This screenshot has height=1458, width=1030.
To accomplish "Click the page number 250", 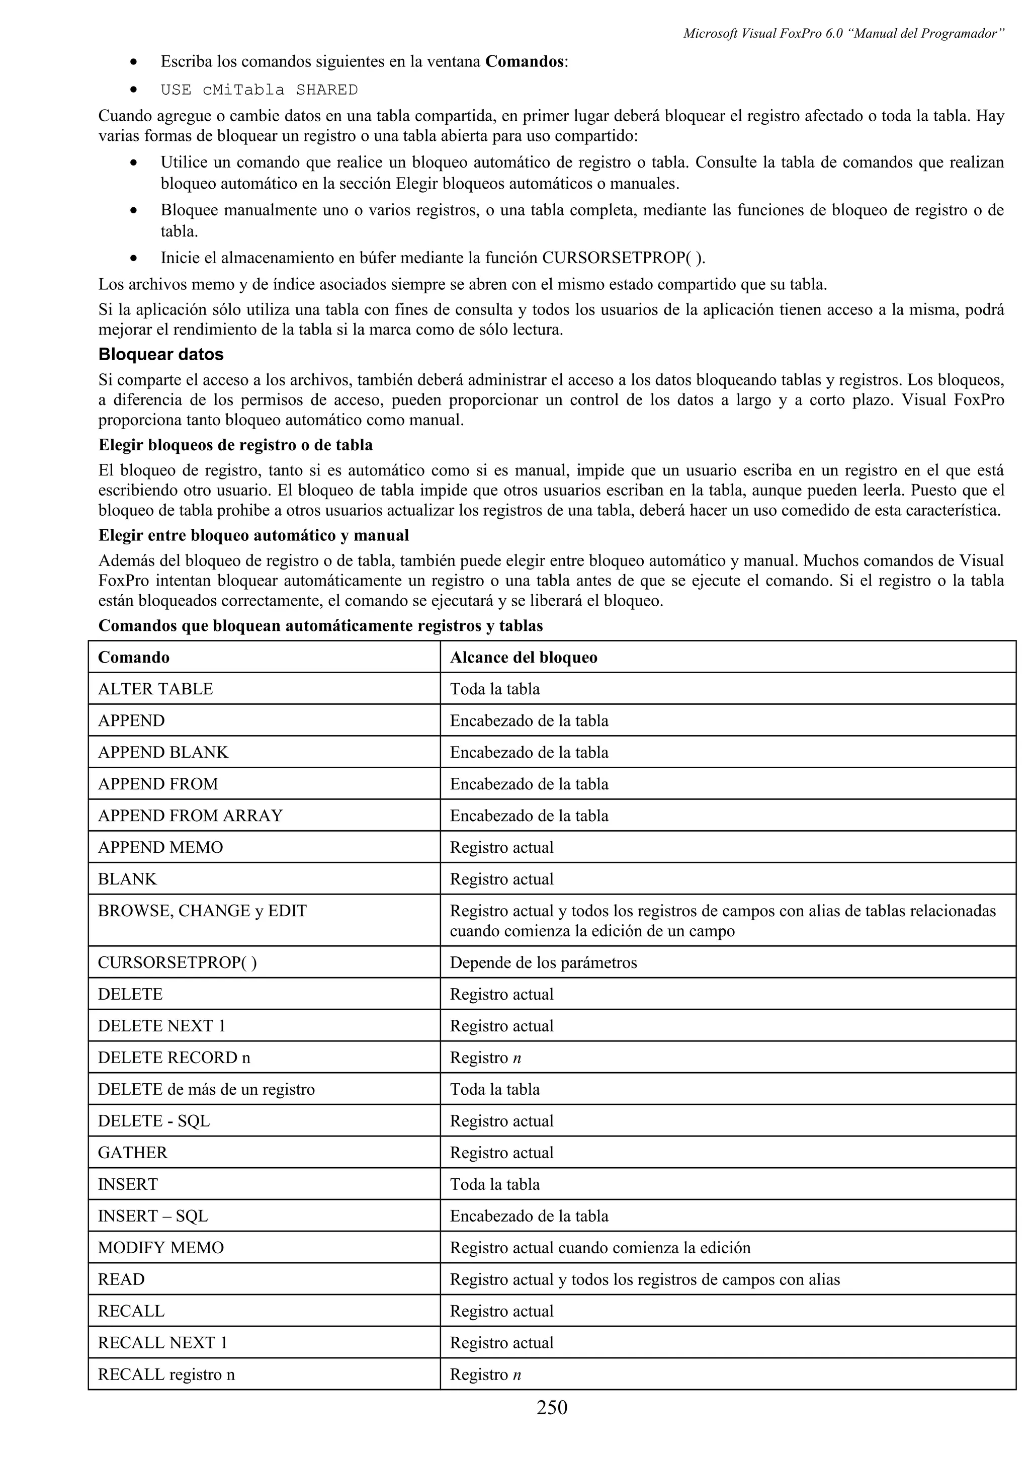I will point(552,1407).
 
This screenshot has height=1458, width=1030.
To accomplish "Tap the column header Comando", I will point(134,657).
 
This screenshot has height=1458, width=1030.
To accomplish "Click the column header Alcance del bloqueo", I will point(524,657).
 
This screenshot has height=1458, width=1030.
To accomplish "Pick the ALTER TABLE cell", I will point(155,688).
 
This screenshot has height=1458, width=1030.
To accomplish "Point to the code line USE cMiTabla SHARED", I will point(259,90).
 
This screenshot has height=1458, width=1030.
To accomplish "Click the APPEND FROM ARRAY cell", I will point(191,816).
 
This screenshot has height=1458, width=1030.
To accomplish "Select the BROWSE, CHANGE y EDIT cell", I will point(202,911).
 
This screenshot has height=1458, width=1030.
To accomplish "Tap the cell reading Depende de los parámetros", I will point(543,962).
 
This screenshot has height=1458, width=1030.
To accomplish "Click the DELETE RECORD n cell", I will point(174,1058).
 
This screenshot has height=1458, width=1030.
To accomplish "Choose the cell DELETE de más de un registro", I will point(206,1090).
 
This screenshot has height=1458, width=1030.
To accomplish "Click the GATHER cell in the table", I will point(133,1153).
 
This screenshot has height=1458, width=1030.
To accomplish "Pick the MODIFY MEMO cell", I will point(160,1248).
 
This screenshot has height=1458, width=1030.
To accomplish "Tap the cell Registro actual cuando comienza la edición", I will point(599,1248).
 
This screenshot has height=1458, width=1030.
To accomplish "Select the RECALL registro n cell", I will point(166,1375).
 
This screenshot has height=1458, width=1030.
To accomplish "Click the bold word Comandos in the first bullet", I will point(524,61).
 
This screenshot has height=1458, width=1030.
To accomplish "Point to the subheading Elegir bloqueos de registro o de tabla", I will point(235,445).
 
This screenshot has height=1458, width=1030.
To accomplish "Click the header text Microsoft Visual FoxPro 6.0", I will point(763,34).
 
